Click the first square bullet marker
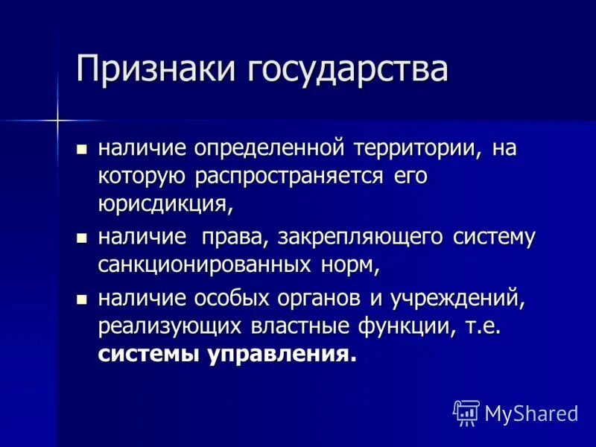(x=82, y=148)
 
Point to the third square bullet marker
(x=82, y=298)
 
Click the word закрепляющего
(x=363, y=238)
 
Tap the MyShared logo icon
(x=466, y=412)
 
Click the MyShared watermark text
(x=530, y=413)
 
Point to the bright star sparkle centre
(x=57, y=118)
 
